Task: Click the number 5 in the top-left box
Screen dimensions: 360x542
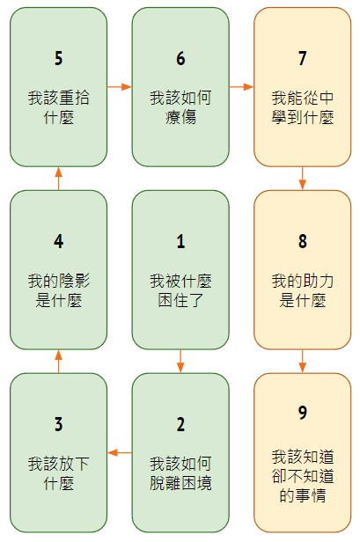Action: pos(58,58)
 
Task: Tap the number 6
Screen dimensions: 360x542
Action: pos(180,58)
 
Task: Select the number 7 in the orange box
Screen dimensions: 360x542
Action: pos(303,58)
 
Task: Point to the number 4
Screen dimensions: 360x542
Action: pos(58,241)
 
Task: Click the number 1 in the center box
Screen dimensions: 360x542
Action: pos(180,241)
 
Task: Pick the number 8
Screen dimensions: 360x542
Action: pos(303,241)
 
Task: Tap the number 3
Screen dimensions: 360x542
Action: pos(58,424)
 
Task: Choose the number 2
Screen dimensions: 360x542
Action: pos(180,424)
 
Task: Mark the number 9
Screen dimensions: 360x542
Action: pos(303,413)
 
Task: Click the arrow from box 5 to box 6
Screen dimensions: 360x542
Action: pos(120,86)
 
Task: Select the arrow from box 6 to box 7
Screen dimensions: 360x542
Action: pos(241,86)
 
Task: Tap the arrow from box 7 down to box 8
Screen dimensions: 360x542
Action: pos(303,179)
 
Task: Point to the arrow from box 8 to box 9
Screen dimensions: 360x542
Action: pos(303,362)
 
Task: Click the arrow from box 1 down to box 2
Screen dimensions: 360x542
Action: pos(180,362)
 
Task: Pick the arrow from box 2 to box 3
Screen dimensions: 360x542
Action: pos(120,452)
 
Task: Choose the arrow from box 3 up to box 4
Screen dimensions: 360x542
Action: pos(58,362)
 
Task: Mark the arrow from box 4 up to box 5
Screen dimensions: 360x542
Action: pos(58,179)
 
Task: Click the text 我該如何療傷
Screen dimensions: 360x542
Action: pos(180,107)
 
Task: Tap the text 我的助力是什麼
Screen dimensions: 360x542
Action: pos(303,290)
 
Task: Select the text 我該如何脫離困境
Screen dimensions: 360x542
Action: pos(180,473)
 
